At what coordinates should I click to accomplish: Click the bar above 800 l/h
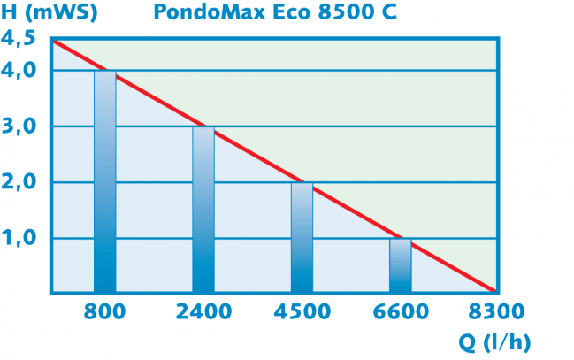[104, 181]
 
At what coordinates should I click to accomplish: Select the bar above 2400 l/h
[203, 210]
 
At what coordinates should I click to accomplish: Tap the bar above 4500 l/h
[302, 237]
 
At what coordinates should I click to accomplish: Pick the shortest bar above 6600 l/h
[401, 264]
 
